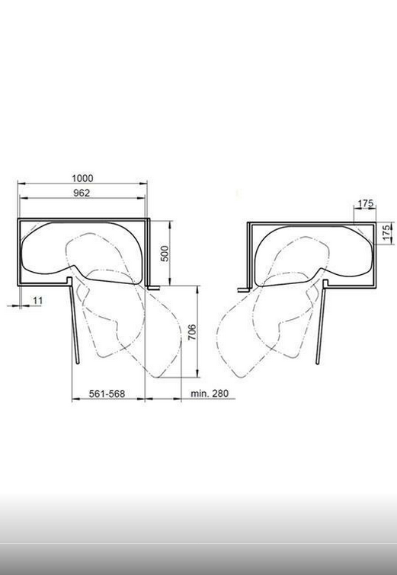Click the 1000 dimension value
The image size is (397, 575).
82,178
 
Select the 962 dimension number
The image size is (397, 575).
82,193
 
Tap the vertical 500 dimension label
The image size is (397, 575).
165,254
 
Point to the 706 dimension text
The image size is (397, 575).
192,332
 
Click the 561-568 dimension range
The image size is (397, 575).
107,394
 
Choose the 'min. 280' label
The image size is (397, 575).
210,394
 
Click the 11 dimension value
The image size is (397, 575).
38,301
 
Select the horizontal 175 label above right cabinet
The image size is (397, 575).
366,203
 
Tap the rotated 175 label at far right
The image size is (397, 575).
386,233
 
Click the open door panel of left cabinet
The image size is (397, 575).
74,324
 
